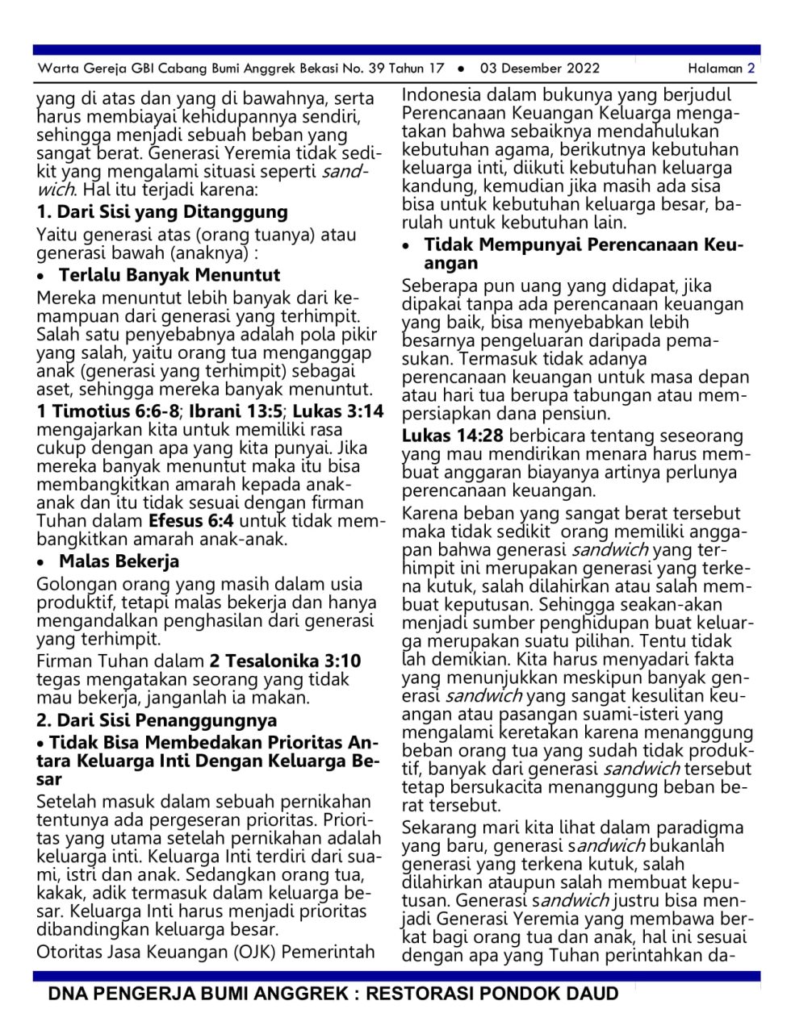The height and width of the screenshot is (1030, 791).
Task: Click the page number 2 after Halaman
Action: pos(751,69)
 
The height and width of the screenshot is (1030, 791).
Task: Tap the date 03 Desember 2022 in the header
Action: pos(540,69)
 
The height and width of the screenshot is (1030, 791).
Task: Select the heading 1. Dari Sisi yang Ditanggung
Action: pos(162,212)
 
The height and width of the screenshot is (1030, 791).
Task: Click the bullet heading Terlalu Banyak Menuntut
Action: pos(169,274)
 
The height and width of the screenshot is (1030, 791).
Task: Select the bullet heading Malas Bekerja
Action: pos(119,561)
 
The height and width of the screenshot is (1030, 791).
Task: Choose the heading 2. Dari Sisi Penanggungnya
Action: pos(157,720)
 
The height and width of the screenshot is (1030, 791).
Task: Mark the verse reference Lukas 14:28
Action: pos(452,436)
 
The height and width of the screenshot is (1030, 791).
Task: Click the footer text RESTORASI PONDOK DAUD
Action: pos(492,994)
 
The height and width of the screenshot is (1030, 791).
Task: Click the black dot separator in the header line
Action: pos(461,69)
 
